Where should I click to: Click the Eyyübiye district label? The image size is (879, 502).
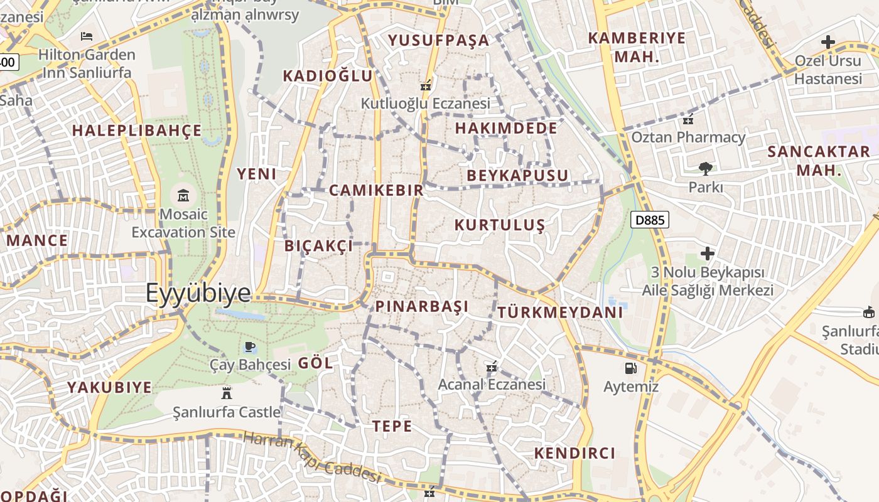tap(198, 293)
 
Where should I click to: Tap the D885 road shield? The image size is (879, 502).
tap(650, 220)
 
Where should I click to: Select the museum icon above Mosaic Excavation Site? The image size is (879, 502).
tap(183, 195)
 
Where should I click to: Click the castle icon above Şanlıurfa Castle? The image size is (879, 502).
tap(227, 393)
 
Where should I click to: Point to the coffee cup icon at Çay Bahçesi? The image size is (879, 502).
tap(249, 346)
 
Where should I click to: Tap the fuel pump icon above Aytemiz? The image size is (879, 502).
tap(630, 368)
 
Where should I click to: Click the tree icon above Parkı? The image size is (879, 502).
tap(706, 168)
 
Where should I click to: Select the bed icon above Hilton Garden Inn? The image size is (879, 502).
tap(87, 36)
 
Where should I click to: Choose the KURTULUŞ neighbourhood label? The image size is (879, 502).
tap(500, 225)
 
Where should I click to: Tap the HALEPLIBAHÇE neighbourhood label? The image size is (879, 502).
tap(137, 131)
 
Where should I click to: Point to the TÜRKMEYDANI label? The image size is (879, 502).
tap(560, 312)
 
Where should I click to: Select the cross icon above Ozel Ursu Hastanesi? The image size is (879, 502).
tap(828, 42)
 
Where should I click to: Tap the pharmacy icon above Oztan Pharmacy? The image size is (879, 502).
tap(688, 119)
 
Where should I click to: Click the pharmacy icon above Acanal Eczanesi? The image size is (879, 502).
tap(492, 366)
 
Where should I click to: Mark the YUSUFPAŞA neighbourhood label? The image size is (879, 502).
tap(438, 40)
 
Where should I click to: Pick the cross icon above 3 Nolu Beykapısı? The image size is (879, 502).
tap(708, 254)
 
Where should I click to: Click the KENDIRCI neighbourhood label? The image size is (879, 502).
tap(574, 453)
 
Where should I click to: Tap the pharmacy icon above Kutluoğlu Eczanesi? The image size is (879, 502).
tap(426, 85)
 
